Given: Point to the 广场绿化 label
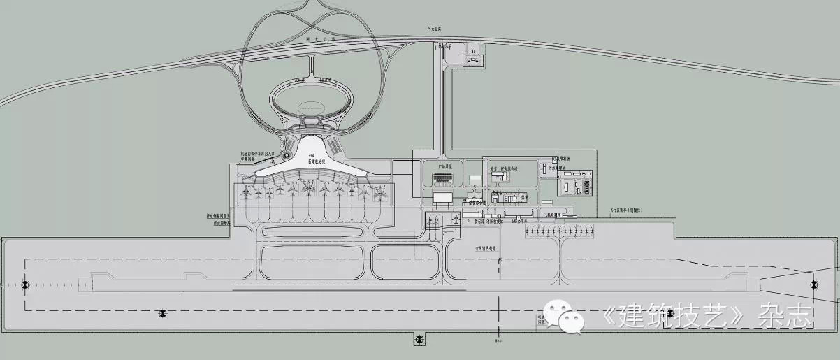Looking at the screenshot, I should point(446,168).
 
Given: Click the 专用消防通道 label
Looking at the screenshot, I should point(484,248).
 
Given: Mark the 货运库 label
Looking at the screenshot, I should point(480,221).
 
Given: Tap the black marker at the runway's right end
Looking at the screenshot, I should point(813,284).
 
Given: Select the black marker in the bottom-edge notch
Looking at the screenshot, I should point(419,339).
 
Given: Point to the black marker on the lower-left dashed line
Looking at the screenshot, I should point(163,313).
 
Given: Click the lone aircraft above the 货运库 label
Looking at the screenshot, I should point(456,219).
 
